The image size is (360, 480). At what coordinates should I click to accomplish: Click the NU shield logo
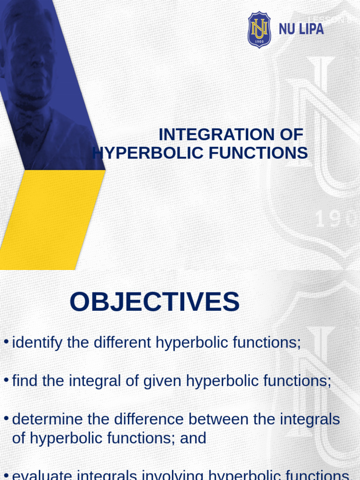tap(259, 30)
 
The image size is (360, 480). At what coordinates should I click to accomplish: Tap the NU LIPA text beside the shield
tap(301, 29)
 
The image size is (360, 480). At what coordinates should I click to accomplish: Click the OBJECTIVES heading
tap(155, 302)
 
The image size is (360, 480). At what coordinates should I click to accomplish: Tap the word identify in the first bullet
tap(37, 343)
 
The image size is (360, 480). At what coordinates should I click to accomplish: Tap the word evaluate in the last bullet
tap(42, 475)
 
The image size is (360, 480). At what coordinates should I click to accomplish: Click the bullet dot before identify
tap(6, 341)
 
